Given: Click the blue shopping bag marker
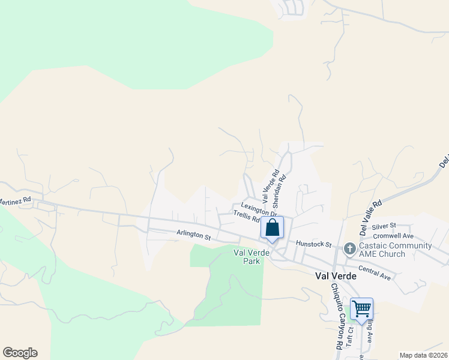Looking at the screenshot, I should pos(272,229).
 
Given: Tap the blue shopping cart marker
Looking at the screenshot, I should pos(361,310).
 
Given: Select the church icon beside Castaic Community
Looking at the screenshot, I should pos(349,248).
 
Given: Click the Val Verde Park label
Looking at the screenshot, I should pos(248,257).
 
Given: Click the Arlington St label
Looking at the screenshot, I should pos(194,235).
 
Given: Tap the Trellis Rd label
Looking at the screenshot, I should pos(246,217).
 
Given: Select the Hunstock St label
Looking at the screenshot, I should pos(314,244).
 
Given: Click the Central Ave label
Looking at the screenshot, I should pos(375,272).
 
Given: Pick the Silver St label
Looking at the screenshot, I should pos(384,226).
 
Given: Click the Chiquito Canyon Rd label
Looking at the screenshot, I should pos(336,316).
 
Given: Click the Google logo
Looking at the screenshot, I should pos(20,353).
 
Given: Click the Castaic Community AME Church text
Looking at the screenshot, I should pos(396,250).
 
